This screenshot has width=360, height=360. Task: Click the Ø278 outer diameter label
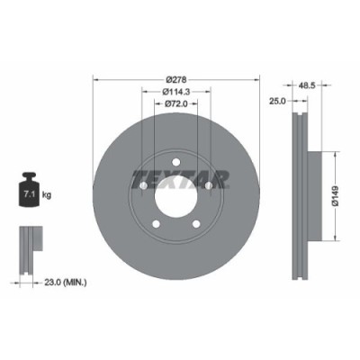click(x=176, y=78)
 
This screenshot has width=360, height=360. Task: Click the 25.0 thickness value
click(x=278, y=102)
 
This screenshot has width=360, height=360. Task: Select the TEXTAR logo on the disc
click(x=180, y=177)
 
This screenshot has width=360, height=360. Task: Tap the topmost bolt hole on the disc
click(x=176, y=159)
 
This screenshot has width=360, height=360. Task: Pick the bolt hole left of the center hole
click(x=145, y=186)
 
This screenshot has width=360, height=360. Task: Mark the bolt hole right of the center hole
click(x=209, y=186)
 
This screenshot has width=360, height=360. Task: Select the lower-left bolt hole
click(x=157, y=222)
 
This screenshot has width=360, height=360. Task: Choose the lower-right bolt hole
click(x=196, y=222)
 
